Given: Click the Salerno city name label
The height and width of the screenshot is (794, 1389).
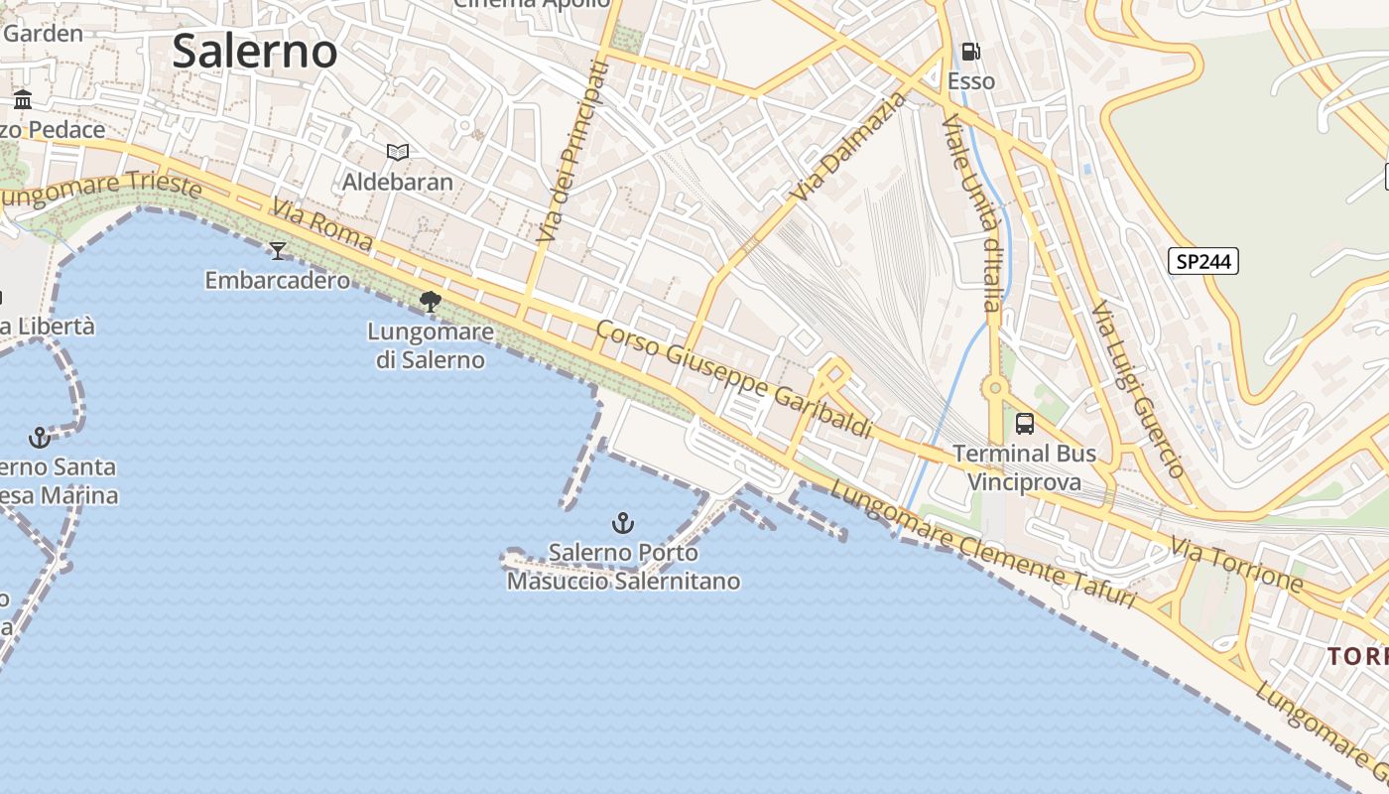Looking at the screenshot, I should (x=255, y=51).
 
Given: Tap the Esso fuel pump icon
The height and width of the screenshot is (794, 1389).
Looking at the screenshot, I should (x=970, y=52).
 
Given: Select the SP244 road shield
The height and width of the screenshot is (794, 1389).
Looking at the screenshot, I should (x=1202, y=261).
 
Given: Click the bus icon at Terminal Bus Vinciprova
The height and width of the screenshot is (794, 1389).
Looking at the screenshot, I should (x=1025, y=424).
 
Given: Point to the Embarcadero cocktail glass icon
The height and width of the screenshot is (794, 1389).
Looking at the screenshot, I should (x=278, y=250).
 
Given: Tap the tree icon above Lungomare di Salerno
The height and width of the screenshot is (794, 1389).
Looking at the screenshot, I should (x=431, y=301).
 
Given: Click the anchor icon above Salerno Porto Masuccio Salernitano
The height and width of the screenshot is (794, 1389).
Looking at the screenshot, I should (x=622, y=522).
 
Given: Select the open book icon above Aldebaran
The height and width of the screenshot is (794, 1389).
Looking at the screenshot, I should (x=398, y=152).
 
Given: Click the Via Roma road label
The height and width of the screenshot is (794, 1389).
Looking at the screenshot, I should (x=322, y=225).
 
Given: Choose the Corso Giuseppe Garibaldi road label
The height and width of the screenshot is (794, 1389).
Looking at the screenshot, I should (x=733, y=378).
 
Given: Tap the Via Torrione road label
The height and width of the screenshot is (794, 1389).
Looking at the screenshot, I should (x=1236, y=564).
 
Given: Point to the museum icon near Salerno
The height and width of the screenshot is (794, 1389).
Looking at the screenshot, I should (x=23, y=99).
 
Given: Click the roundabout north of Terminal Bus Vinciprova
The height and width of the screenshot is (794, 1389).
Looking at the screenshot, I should (x=994, y=388).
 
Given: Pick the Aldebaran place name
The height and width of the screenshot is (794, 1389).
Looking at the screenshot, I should (x=398, y=182).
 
